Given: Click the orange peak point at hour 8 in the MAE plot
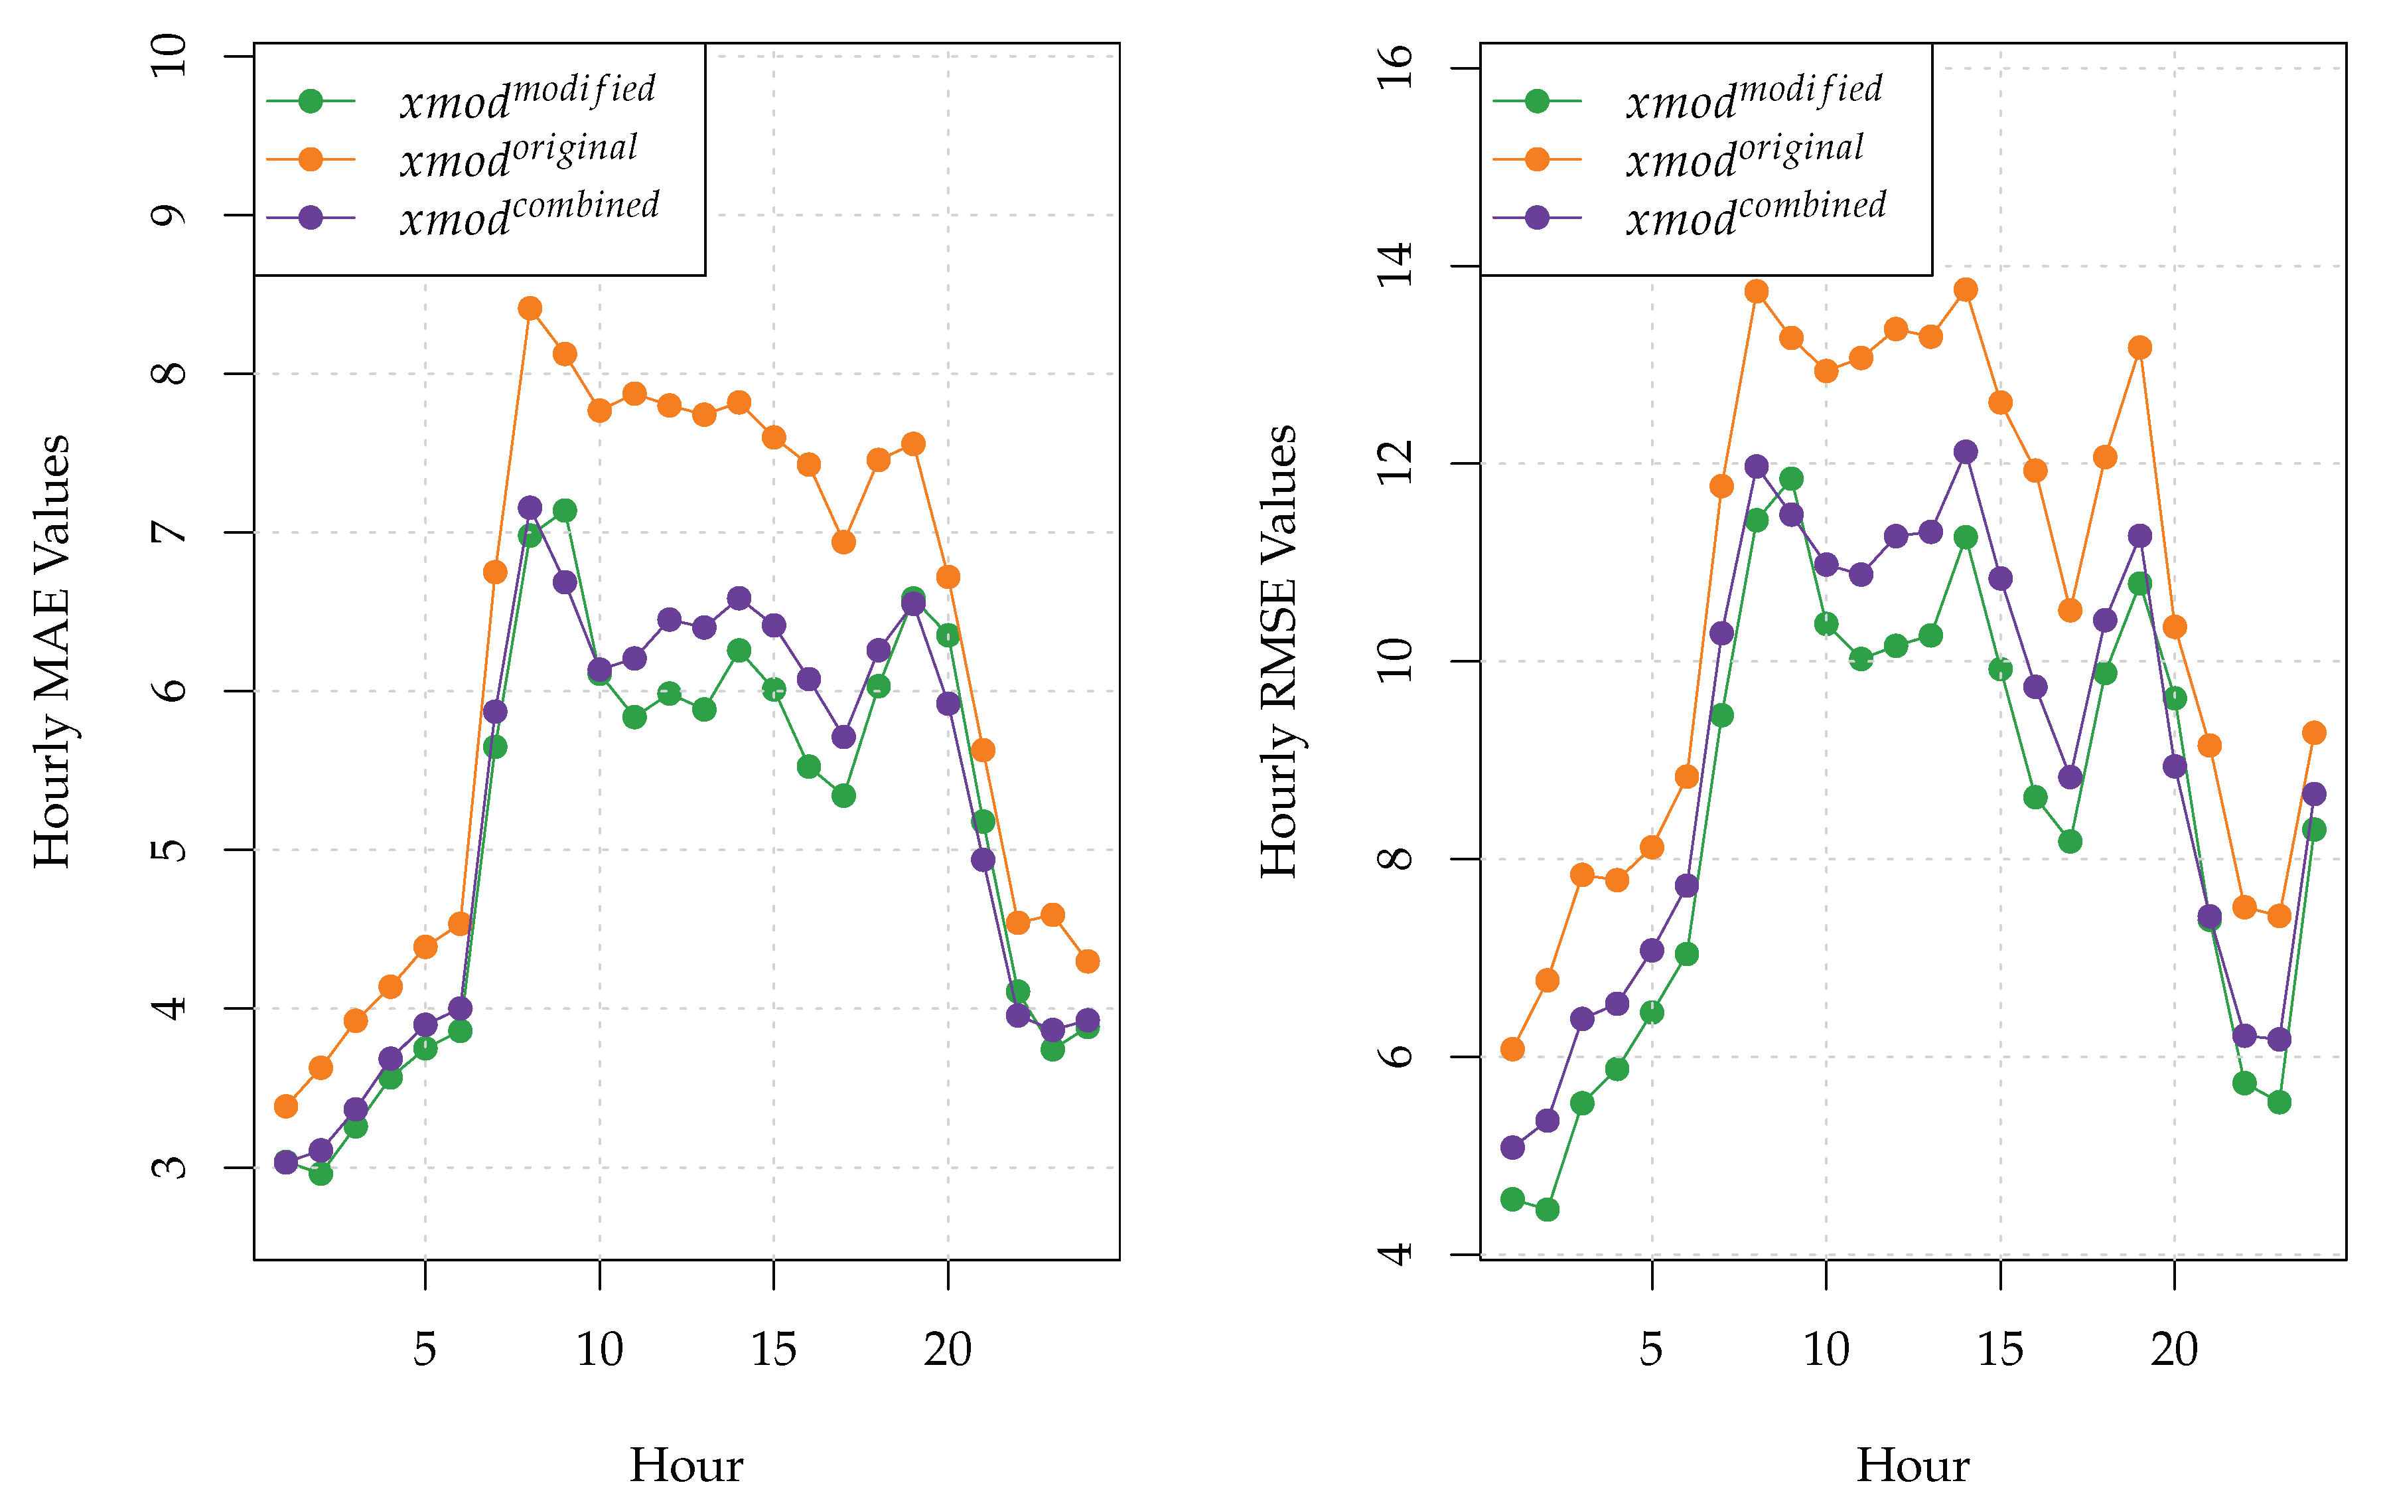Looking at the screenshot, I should click(x=530, y=308).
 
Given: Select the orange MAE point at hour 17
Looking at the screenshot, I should click(x=843, y=542).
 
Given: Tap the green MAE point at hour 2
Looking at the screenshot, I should click(x=320, y=1174).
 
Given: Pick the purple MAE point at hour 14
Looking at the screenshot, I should click(x=739, y=598).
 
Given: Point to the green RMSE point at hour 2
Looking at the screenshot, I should click(x=1548, y=1210).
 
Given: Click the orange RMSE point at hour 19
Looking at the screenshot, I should click(x=2140, y=347).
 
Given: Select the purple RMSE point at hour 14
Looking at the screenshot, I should click(x=1966, y=452).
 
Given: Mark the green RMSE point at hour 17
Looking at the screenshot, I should click(x=2070, y=842).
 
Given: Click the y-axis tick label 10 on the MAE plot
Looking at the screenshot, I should click(x=169, y=54).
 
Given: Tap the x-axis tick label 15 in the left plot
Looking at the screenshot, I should click(x=773, y=1350).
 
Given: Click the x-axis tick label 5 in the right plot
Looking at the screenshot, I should click(x=1650, y=1350).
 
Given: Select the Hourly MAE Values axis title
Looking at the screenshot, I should click(x=52, y=651).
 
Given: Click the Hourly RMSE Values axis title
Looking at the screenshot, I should click(x=1279, y=651).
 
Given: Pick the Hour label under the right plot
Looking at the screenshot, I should click(x=1912, y=1465).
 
